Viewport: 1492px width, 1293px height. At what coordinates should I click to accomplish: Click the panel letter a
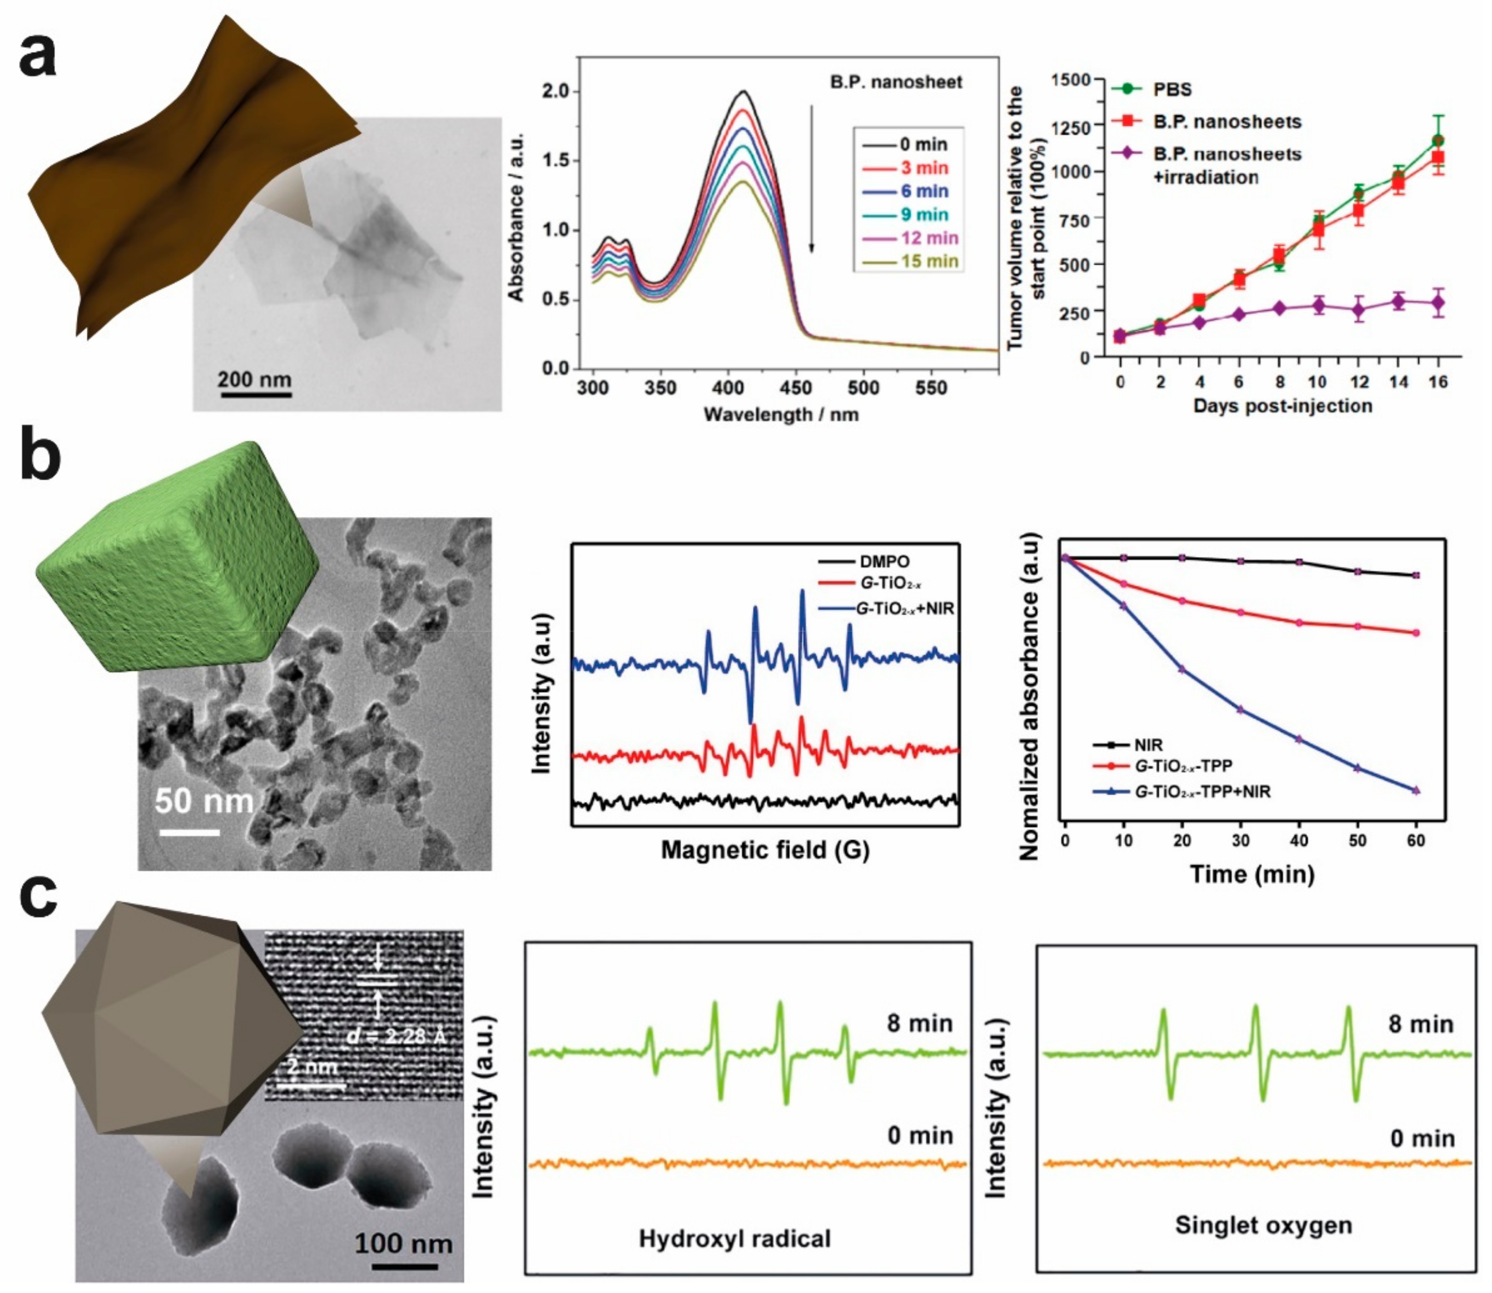coord(38,56)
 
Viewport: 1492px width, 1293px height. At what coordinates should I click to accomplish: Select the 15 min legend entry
coord(929,261)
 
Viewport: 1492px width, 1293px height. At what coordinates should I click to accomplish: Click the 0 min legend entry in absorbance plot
coord(924,144)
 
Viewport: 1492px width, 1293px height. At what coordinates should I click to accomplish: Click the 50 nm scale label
coord(204,801)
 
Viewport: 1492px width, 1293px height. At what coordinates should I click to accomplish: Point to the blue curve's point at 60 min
coord(1415,791)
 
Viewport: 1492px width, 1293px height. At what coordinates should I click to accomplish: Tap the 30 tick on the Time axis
coord(1240,841)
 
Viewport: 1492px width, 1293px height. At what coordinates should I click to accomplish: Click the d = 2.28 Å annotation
coord(397,1036)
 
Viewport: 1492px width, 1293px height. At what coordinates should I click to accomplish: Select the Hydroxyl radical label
coord(735,1238)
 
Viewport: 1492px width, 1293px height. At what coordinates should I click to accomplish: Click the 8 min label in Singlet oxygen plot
coord(1420,1024)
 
